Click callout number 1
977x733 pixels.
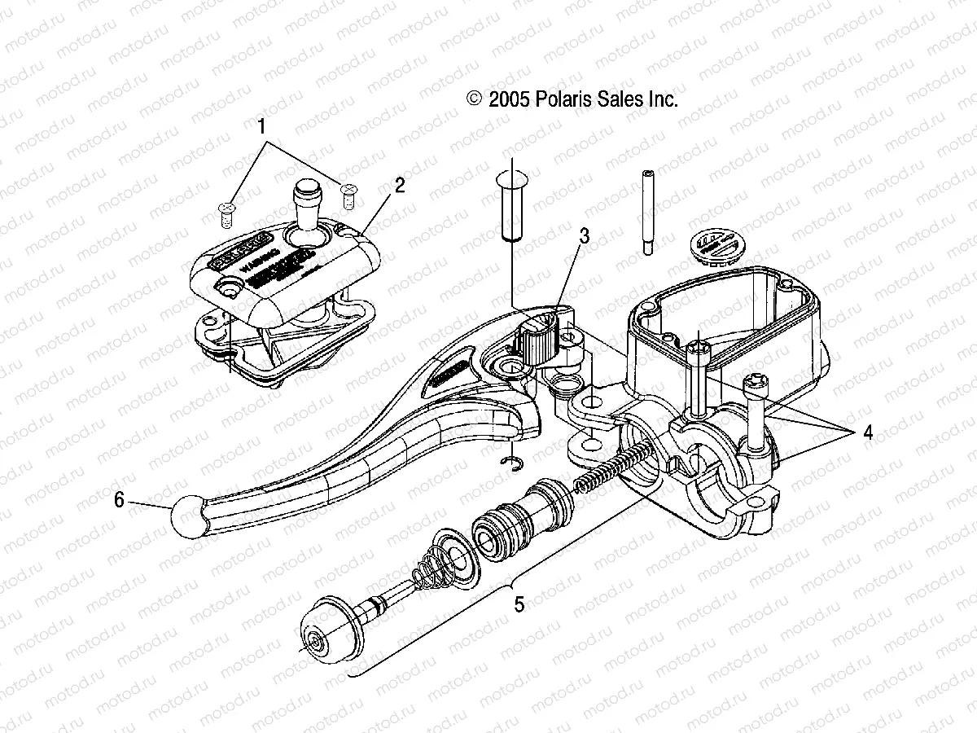point(261,127)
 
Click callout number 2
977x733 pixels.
point(399,186)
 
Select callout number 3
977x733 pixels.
point(584,236)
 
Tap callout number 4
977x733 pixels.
point(868,433)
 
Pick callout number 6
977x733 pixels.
point(119,500)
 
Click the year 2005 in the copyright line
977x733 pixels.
point(510,99)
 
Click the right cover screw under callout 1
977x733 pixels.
point(349,193)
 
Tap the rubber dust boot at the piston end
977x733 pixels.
point(330,625)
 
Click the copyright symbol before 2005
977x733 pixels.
point(474,99)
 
